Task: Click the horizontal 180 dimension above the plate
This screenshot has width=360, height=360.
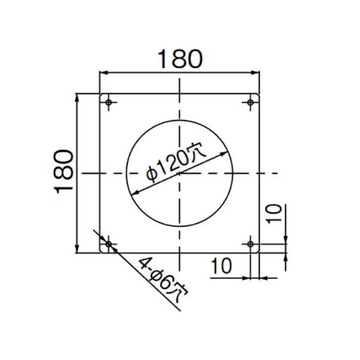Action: [x=179, y=59]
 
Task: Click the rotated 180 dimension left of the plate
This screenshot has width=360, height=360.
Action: [x=64, y=172]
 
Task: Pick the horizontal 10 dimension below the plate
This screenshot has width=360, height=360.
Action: [x=223, y=266]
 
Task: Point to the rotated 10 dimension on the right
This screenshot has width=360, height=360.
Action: [x=273, y=214]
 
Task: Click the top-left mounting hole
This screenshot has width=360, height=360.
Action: [x=109, y=103]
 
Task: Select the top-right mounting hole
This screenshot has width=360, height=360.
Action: [x=251, y=103]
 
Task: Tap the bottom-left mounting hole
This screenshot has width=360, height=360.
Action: [x=109, y=244]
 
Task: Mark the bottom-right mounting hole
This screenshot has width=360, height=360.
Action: [x=251, y=244]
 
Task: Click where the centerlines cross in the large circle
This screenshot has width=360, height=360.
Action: [x=179, y=173]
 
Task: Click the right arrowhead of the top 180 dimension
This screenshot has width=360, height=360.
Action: [x=256, y=73]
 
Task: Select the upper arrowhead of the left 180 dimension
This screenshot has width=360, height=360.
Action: [x=77, y=97]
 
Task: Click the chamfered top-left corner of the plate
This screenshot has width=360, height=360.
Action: [x=101, y=95]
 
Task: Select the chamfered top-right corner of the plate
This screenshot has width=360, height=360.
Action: [x=259, y=95]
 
